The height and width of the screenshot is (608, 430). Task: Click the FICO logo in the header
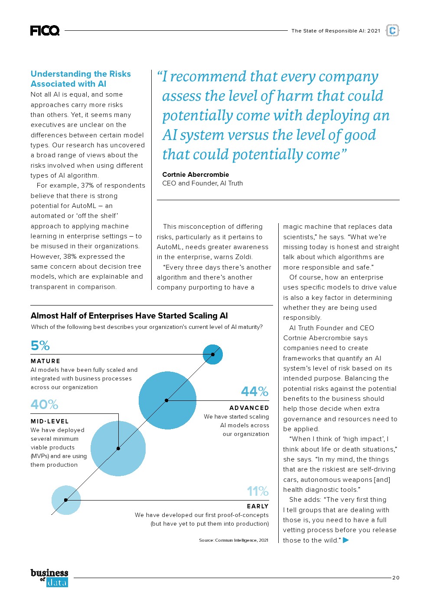click(45, 30)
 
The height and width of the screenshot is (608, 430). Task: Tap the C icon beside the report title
click(392, 30)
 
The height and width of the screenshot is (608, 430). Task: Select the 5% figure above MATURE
click(40, 345)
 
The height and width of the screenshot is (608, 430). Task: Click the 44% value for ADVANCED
click(254, 391)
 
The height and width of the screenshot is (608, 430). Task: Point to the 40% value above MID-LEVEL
click(44, 404)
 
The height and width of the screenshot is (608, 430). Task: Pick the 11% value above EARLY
click(257, 491)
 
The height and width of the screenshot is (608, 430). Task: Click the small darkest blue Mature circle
click(213, 354)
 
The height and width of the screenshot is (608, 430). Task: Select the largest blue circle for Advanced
click(167, 400)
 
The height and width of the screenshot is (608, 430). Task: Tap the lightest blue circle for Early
click(66, 500)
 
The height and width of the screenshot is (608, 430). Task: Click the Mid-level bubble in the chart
click(118, 449)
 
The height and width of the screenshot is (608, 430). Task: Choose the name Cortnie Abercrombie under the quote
click(195, 175)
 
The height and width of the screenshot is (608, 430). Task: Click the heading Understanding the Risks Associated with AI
click(81, 79)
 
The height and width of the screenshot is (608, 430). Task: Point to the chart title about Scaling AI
click(129, 315)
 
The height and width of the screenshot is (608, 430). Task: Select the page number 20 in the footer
click(396, 578)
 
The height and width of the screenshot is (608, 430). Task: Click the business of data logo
click(49, 578)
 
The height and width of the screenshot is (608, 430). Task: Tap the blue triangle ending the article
click(345, 540)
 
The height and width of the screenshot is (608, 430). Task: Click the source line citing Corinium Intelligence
click(234, 540)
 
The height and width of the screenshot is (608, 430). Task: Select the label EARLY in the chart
click(257, 506)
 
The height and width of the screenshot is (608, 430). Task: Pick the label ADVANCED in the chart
click(249, 408)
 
